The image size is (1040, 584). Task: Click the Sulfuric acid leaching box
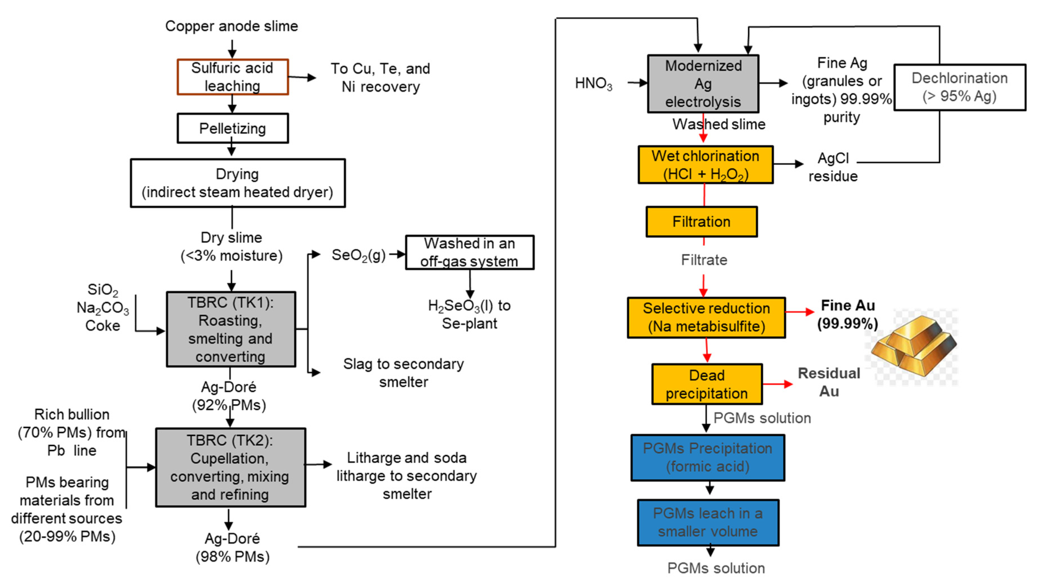pos(232,77)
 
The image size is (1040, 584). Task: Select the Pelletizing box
pos(232,128)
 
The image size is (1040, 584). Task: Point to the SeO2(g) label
pos(358,255)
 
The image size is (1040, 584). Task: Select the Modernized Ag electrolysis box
pos(703,84)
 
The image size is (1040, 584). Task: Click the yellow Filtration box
pos(701,221)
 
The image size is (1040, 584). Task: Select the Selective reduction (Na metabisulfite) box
pos(706,317)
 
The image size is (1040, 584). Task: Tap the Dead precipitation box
pos(707,384)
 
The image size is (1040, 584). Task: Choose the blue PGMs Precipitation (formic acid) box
pos(707,458)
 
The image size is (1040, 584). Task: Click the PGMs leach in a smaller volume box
pos(708,522)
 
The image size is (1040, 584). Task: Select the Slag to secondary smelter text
pos(403,373)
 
